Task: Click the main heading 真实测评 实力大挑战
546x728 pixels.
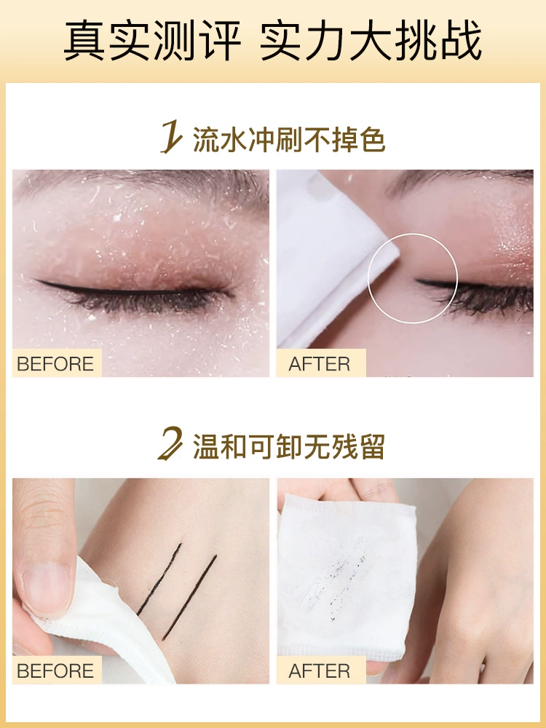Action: point(272,41)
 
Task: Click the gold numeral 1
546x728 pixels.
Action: point(171,137)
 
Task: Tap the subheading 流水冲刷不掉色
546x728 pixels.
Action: point(289,138)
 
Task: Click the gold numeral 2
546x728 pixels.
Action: point(170,444)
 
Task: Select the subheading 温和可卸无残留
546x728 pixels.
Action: point(289,446)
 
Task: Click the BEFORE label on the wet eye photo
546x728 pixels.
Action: point(55,364)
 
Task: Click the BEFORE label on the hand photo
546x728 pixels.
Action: point(55,671)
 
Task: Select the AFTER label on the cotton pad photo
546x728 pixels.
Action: point(320,671)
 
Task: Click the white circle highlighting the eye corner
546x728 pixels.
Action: point(413,234)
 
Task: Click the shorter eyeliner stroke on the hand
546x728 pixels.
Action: point(159,579)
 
